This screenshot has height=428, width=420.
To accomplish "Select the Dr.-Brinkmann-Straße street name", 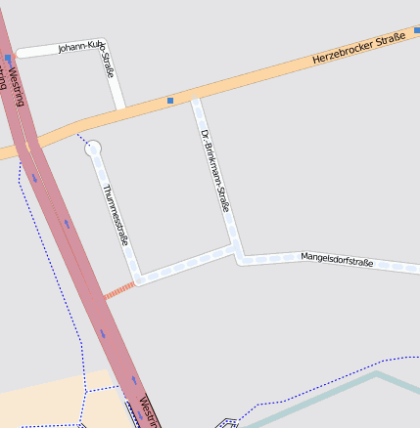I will click(214, 170).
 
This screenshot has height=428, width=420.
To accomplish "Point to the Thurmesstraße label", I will click(116, 214).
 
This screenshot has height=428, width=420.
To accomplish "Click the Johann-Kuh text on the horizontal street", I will click(80, 46).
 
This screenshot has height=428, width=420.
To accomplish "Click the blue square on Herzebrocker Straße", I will click(170, 100).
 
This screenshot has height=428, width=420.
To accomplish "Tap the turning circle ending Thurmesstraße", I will click(93, 149).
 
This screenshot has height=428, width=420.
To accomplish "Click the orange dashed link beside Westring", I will click(118, 289).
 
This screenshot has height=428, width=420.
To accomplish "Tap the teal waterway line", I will click(323, 396).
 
